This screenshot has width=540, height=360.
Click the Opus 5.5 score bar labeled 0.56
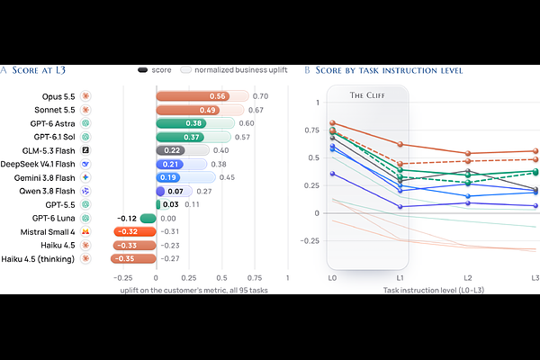point(193,96)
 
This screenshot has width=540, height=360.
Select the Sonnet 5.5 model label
point(54,110)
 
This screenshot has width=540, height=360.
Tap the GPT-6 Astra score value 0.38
point(193,123)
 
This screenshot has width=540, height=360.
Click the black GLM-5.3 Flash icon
point(85,150)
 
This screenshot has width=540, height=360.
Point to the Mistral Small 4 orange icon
point(85,231)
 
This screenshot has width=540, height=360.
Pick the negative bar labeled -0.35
point(133,258)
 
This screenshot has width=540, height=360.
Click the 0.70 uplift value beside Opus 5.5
point(260,96)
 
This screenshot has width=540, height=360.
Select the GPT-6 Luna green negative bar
point(148,219)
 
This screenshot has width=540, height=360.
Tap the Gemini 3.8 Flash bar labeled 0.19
point(168,177)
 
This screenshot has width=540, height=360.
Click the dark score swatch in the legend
point(142,70)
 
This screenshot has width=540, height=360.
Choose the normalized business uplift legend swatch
point(185,70)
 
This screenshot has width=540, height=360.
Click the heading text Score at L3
point(39,70)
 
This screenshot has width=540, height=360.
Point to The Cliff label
point(367,95)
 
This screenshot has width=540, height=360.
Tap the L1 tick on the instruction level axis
point(400,278)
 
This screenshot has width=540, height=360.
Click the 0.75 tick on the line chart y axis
point(312,130)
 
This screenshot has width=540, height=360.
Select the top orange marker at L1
point(400,144)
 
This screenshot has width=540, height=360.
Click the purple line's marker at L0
point(332,174)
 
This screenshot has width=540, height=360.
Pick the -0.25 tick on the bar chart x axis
point(122,278)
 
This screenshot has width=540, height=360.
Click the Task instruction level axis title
point(434,290)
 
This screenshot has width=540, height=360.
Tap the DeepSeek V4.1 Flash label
point(38,164)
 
